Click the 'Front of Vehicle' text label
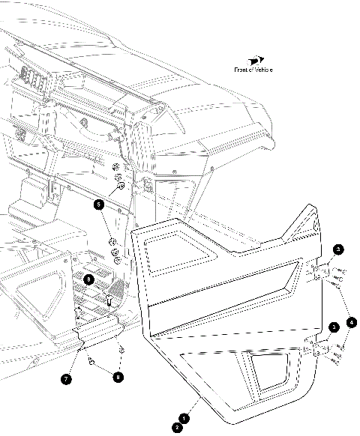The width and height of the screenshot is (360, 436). click(253, 70)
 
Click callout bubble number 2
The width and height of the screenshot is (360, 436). click(176, 427)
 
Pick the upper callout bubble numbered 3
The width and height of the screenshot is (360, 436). click(338, 249)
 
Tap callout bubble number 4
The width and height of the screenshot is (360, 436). click(352, 323)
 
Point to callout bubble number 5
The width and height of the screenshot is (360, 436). click(98, 203)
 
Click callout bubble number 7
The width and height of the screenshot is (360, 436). click(67, 379)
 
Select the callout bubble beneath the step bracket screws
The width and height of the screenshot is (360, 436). click(118, 376)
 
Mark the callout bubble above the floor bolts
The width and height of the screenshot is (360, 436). click(88, 279)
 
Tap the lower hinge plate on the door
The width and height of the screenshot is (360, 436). click(318, 347)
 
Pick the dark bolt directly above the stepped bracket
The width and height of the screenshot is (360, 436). click(109, 300)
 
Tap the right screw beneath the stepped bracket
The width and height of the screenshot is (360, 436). click(120, 350)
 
